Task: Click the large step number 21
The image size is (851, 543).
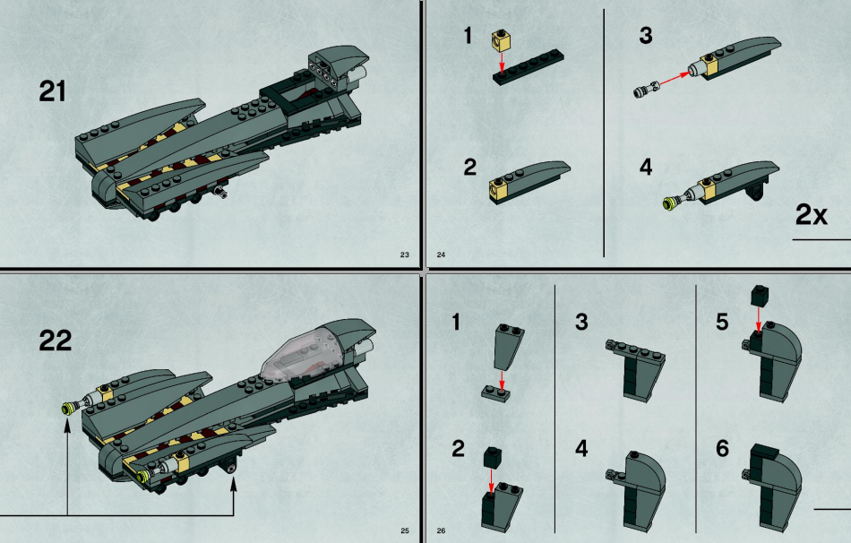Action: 52,91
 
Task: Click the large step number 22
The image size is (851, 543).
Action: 55,340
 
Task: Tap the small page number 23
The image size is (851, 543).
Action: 404,254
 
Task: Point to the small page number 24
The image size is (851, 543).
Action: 441,254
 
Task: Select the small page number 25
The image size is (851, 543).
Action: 404,530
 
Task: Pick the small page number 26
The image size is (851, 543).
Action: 441,530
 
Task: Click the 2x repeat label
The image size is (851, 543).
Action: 812,214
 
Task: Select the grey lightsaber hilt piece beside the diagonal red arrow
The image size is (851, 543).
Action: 646,88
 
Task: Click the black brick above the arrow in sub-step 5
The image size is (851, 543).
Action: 759,296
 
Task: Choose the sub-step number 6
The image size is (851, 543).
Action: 722,449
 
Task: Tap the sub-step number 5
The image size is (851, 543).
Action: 722,322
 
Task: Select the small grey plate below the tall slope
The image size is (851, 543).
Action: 496,393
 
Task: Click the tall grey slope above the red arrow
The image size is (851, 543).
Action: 507,347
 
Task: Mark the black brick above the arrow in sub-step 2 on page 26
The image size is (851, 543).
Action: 493,457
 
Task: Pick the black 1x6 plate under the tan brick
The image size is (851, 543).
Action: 529,66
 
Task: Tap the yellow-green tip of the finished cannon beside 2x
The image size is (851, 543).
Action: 668,203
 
